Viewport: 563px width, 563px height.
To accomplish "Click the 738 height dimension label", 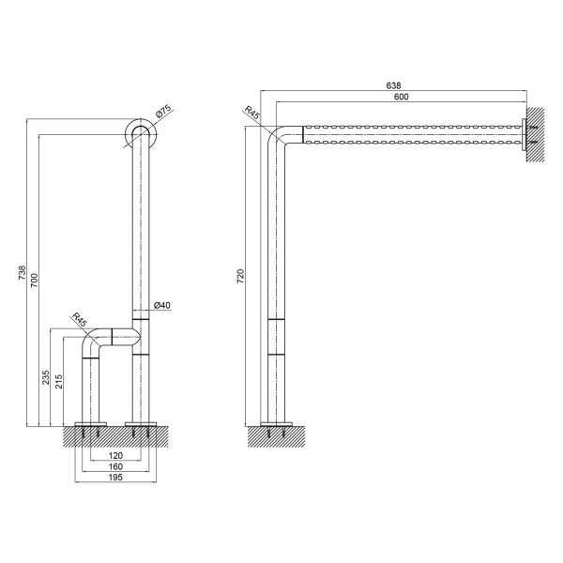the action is (23, 273).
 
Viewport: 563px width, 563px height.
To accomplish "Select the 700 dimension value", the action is (34, 280).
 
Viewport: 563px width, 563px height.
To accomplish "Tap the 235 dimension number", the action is (46, 377).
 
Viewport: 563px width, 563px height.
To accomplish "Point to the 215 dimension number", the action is (58, 381).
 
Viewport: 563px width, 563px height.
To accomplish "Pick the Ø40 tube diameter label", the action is (162, 305).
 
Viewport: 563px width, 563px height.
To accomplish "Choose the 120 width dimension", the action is (115, 455).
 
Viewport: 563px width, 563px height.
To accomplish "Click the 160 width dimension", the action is (115, 466).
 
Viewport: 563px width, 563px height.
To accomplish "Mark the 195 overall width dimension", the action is (115, 478).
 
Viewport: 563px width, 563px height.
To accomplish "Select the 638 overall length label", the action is (393, 85).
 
